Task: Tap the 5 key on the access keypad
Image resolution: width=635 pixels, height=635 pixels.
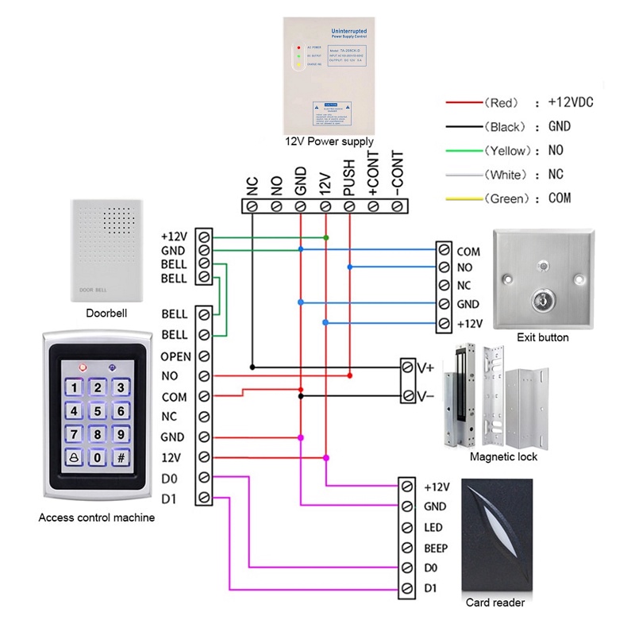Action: coord(97,411)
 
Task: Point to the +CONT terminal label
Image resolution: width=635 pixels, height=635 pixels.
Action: coord(373,175)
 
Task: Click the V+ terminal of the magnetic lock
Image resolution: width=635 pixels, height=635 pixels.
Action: coord(425,367)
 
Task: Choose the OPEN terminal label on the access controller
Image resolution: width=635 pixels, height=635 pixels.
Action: coord(175,356)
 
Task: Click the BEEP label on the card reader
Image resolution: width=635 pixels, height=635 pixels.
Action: coord(437,548)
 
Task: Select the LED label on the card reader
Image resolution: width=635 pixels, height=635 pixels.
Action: coord(433,527)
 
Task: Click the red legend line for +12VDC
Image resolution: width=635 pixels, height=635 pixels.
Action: coord(464,103)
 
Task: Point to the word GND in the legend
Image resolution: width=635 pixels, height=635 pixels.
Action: coord(559,127)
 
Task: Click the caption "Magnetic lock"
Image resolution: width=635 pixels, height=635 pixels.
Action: coord(503,457)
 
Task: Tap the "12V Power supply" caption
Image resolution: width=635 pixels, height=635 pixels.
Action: coord(329,142)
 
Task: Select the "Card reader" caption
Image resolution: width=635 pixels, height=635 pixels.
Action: coord(497,602)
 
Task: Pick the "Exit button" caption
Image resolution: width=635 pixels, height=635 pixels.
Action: coord(543,337)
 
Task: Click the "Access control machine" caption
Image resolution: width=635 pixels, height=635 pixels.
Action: coord(97,518)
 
